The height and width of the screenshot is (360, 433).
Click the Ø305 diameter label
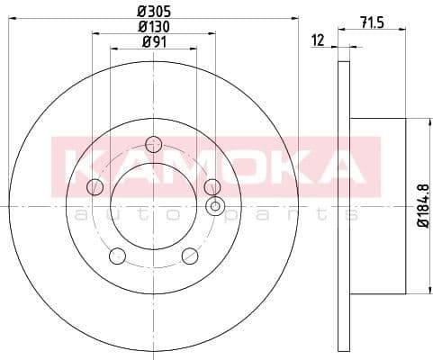152,12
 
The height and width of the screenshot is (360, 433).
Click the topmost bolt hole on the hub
153,143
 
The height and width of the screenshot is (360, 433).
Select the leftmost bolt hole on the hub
95,186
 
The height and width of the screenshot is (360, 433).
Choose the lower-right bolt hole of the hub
189,256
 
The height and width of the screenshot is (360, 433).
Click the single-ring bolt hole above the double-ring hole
212,187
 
